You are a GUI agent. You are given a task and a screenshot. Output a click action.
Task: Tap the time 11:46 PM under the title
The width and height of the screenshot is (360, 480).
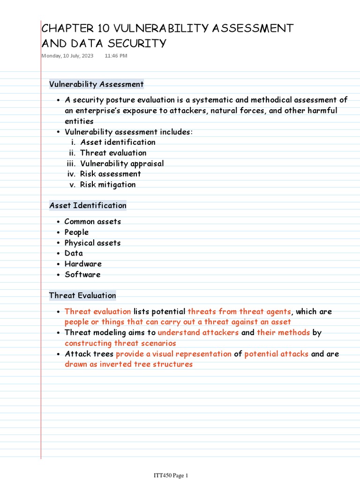click(x=116, y=56)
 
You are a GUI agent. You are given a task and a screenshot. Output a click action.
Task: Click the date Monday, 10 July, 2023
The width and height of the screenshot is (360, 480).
click(x=67, y=56)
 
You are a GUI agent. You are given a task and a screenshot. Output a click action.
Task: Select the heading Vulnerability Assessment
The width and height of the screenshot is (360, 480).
click(x=97, y=84)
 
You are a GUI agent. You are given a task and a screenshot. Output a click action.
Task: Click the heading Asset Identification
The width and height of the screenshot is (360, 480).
click(x=88, y=205)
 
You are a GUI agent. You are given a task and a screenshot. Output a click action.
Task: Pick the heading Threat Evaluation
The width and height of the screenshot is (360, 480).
click(x=82, y=295)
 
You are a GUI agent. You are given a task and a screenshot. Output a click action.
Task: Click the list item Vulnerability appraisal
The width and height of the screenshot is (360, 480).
click(x=122, y=164)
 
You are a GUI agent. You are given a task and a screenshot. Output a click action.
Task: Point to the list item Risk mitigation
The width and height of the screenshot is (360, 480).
click(x=108, y=185)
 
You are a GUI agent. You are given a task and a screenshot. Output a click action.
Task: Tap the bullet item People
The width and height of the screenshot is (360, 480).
click(x=76, y=232)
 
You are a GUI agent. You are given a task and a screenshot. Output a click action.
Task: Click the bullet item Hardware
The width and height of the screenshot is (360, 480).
click(x=83, y=264)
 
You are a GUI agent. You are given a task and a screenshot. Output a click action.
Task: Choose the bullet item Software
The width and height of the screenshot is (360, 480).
click(x=82, y=275)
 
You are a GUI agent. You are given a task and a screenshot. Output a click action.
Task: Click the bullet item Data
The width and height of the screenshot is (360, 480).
click(x=74, y=254)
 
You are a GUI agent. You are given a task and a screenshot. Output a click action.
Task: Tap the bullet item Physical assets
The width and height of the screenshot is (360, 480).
click(x=92, y=243)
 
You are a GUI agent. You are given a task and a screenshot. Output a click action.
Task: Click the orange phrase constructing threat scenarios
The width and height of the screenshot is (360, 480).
click(x=120, y=343)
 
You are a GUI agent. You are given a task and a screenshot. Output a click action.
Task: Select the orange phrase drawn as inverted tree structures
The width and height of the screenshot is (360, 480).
click(x=128, y=364)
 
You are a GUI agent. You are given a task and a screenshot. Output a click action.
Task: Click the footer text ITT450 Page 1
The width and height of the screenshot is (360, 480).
click(x=171, y=476)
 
